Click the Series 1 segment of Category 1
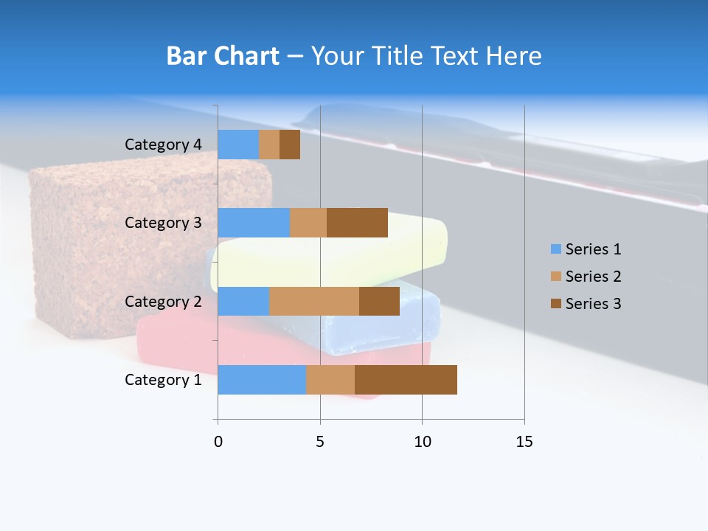(262, 379)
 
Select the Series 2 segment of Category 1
(330, 379)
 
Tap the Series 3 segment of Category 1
(406, 379)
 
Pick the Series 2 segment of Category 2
(314, 301)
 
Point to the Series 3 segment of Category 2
(379, 301)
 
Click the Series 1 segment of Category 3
(254, 223)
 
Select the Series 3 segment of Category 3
(357, 223)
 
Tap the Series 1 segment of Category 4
(238, 145)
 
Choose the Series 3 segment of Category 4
(290, 145)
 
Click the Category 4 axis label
(163, 145)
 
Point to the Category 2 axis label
(163, 301)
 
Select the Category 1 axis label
(163, 380)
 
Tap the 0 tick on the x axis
(218, 442)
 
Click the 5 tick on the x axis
(320, 442)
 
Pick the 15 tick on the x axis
(524, 442)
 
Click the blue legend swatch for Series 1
(555, 249)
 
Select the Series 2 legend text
(593, 277)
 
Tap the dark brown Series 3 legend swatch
(555, 304)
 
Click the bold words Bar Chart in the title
(223, 56)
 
